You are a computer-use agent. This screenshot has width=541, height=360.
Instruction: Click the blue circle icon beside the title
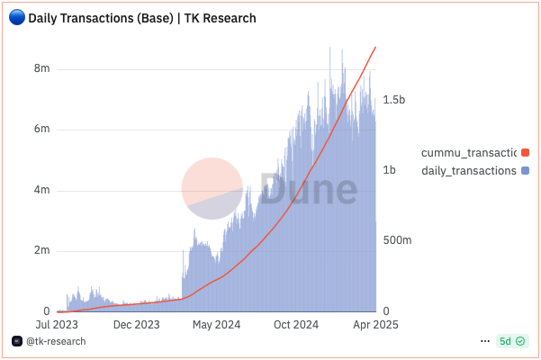pyautogui.click(x=16, y=18)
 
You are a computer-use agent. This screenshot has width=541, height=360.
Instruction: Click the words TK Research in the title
pyautogui.click(x=221, y=18)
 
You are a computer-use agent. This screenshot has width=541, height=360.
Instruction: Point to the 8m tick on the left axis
pyautogui.click(x=41, y=69)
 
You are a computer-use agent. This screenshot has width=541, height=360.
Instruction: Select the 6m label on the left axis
pyautogui.click(x=41, y=130)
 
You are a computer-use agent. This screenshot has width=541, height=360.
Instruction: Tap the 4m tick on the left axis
pyautogui.click(x=41, y=190)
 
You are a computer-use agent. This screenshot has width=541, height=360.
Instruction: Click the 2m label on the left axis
pyautogui.click(x=41, y=250)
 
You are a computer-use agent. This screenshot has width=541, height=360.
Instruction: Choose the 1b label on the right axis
pyautogui.click(x=390, y=170)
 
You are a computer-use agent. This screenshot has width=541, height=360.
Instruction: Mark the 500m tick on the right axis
pyautogui.click(x=397, y=240)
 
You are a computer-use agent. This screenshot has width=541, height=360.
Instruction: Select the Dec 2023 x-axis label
pyautogui.click(x=137, y=324)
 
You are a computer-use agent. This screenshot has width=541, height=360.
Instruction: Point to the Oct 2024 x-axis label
pyautogui.click(x=295, y=324)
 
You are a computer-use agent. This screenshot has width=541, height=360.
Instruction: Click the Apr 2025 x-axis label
pyautogui.click(x=374, y=324)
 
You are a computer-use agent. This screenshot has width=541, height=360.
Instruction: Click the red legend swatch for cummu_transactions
pyautogui.click(x=525, y=153)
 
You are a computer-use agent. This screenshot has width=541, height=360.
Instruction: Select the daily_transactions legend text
pyautogui.click(x=468, y=170)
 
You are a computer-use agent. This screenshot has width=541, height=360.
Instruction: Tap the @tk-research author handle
pyautogui.click(x=56, y=342)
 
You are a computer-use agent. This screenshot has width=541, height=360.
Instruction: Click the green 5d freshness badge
pyautogui.click(x=509, y=342)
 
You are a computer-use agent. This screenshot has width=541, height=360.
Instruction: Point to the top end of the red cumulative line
pyautogui.click(x=375, y=47)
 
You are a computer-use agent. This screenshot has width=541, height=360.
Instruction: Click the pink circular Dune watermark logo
pyautogui.click(x=212, y=189)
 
